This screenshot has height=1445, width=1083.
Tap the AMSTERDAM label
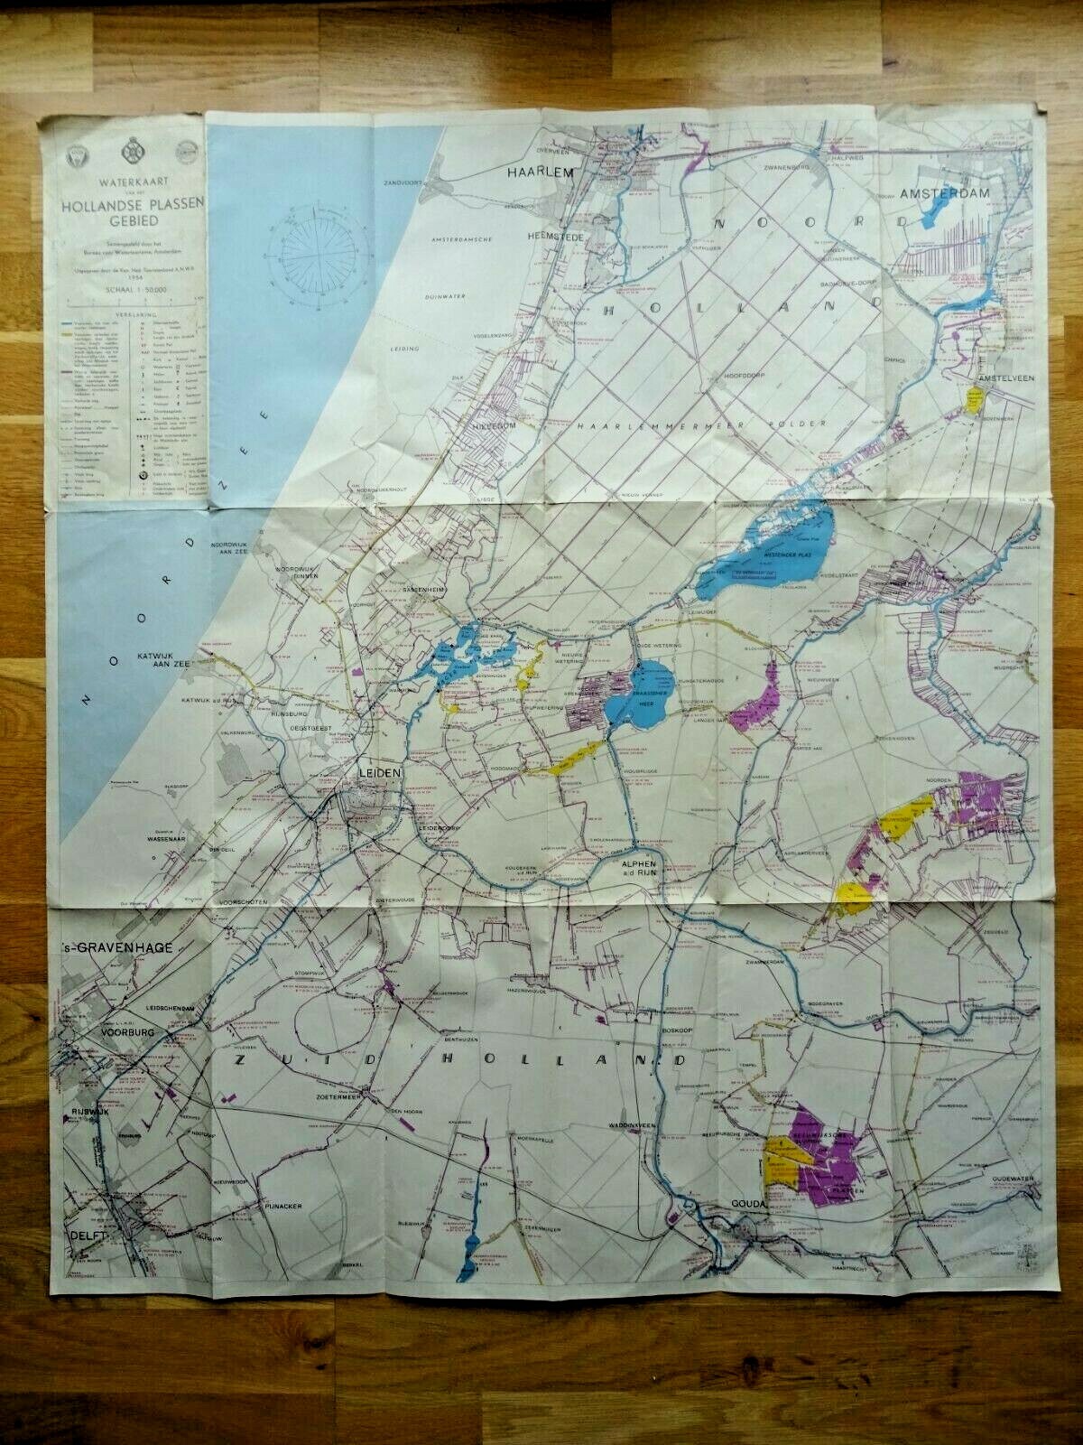point(945,194)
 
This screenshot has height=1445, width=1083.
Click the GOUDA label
point(748,1206)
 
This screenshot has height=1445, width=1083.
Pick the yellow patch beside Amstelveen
point(976,400)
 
